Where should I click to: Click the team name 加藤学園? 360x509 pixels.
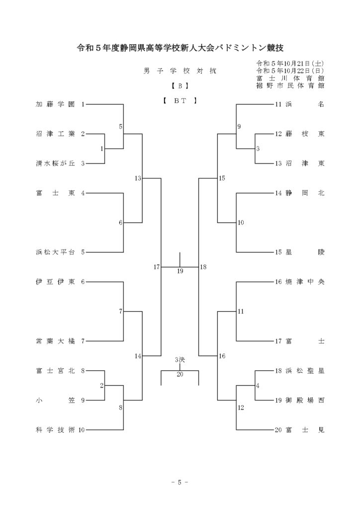coord(55,104)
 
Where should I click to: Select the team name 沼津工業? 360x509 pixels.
coord(55,134)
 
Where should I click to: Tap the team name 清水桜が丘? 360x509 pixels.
coord(55,163)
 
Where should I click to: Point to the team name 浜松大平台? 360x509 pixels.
coord(55,252)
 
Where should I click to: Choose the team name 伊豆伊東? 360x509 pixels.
coord(55,281)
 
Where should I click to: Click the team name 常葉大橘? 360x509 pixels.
coord(55,341)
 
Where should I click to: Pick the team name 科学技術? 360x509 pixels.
coord(55,430)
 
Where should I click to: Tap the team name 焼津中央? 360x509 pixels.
coord(305,281)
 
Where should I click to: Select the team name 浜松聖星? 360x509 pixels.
coord(305,370)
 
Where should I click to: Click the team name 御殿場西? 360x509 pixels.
coord(305,400)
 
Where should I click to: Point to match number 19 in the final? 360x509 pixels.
coord(180,271)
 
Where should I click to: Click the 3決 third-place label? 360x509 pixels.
coord(180,360)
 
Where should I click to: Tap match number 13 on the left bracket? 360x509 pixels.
coord(138,178)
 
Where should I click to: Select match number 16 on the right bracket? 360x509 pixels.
coord(222,356)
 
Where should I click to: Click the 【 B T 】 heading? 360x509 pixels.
coord(180,100)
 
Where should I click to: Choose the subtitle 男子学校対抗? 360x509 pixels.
coord(180,71)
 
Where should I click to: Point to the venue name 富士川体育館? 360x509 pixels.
coord(290,78)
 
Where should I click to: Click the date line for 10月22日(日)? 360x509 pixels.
coord(290,71)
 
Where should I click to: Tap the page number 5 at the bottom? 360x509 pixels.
coord(180,482)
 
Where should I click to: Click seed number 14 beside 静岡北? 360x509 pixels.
coord(278,193)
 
